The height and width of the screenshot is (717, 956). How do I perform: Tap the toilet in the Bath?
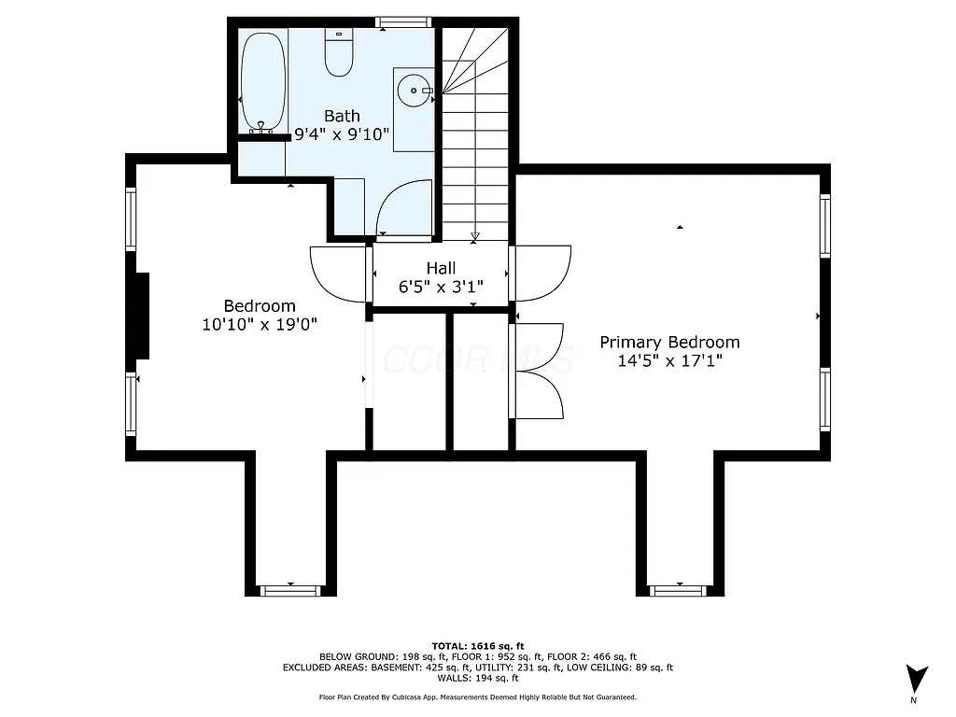338,54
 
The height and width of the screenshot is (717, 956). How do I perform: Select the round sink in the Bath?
414,91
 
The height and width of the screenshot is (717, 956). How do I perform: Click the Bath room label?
342,116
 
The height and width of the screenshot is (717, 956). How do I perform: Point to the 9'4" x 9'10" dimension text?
342,134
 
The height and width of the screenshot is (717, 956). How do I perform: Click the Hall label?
441,268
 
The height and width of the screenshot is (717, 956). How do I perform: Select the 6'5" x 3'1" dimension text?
441,288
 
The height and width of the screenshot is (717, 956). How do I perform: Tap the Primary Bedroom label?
669,343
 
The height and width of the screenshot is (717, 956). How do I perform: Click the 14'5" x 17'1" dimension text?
669,361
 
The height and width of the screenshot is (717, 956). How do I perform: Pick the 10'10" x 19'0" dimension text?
260,325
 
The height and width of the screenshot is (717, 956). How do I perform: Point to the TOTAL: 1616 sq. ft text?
478,646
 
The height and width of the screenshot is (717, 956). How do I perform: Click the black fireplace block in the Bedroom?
139,316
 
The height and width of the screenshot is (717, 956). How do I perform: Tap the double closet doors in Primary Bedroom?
540,371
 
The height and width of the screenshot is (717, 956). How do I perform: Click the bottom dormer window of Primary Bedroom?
679,590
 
